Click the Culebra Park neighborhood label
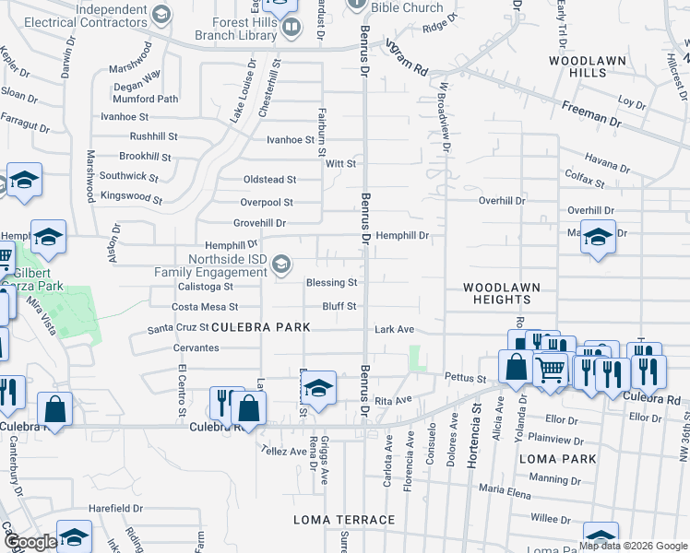tap(261, 327)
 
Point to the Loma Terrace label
tap(344, 520)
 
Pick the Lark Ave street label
tap(394, 329)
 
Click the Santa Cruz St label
tap(178, 328)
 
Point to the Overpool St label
tap(267, 202)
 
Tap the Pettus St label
tap(465, 378)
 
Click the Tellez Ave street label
tap(285, 451)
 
